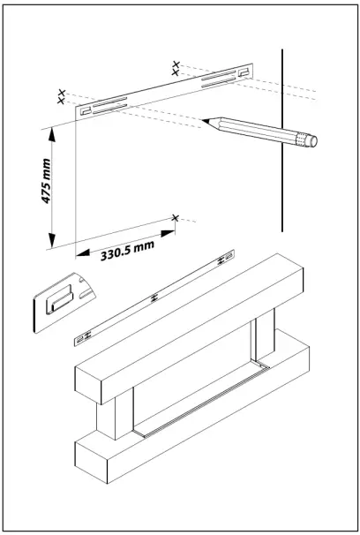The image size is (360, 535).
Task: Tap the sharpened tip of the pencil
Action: (204, 119)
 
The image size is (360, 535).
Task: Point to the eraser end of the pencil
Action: (308, 139)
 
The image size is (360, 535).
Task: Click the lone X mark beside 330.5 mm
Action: (176, 217)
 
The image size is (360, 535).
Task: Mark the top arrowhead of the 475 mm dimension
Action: (55, 132)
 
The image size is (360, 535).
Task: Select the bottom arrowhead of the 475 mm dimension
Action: (55, 241)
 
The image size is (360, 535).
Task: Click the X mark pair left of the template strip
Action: (61, 96)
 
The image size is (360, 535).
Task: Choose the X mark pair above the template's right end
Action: (176, 67)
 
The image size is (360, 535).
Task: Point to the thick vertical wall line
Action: (281, 141)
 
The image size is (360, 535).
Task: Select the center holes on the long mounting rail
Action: (155, 298)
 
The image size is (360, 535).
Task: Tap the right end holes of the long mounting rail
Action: (225, 258)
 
